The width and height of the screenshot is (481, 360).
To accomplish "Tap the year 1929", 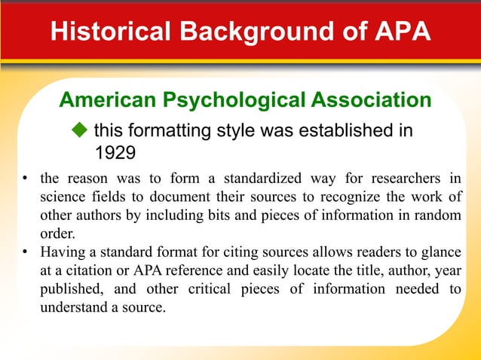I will [114, 153].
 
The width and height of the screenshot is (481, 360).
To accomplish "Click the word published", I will [66, 290].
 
